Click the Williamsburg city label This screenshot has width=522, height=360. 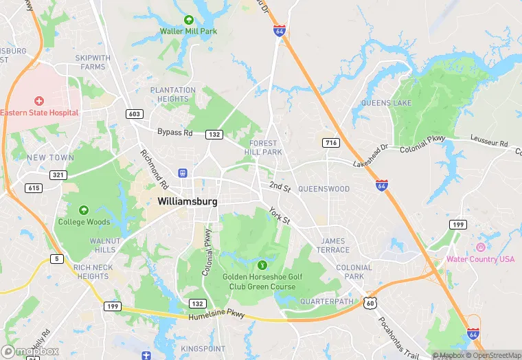188,202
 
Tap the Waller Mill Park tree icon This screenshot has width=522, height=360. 189,21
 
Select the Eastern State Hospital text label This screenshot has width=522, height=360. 39,112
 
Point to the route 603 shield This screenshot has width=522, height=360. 134,113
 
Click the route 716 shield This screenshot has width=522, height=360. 331,142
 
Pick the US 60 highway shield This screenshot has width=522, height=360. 370,302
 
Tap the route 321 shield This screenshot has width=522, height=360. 58,175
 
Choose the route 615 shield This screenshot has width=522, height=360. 34,188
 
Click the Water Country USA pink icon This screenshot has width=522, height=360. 480,247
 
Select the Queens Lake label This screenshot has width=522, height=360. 386,103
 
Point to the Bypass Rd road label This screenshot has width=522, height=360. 175,132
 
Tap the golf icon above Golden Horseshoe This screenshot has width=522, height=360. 261,265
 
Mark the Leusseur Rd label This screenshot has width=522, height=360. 488,141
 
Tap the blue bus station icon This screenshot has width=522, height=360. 183,173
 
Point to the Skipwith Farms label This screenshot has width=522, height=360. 93,63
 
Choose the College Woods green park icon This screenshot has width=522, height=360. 84,210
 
